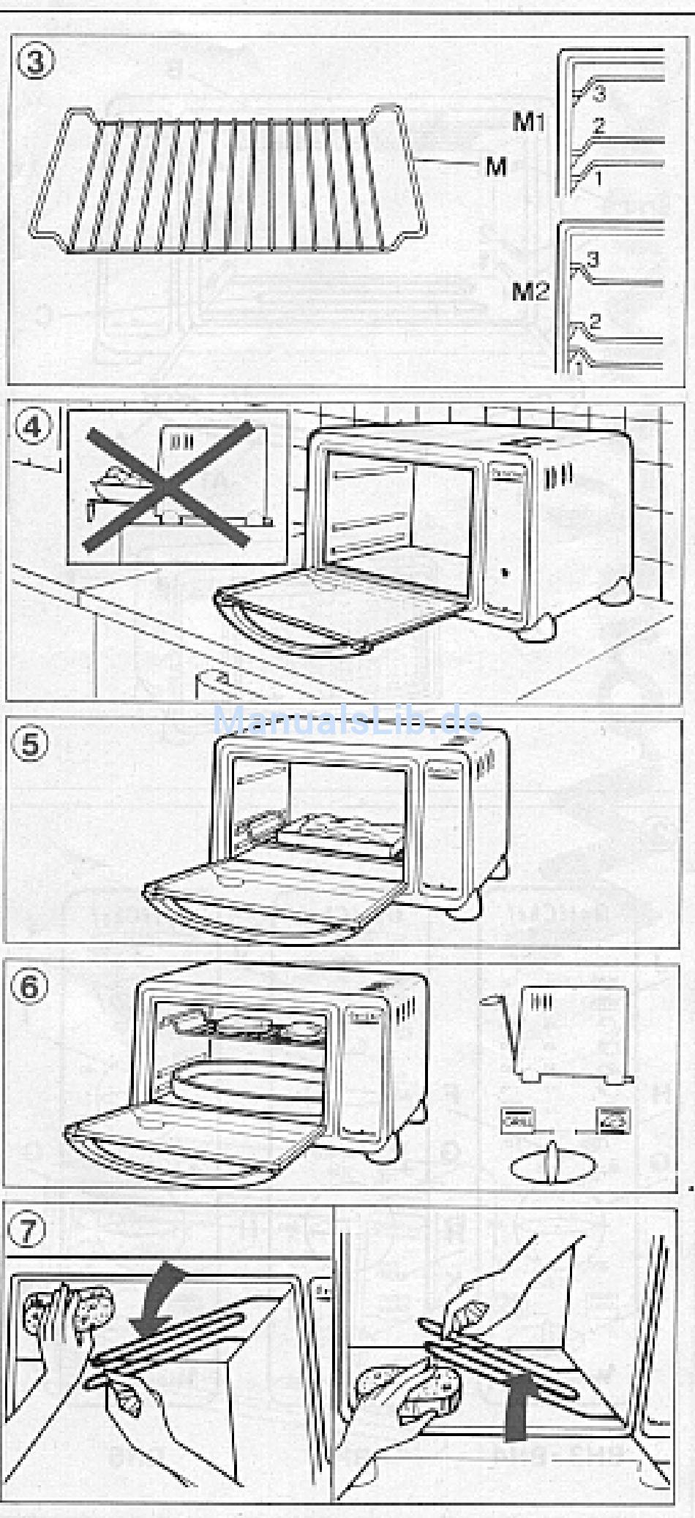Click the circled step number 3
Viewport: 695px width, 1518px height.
(34, 61)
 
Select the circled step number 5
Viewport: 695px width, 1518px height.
(31, 744)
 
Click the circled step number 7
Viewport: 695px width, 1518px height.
(26, 1230)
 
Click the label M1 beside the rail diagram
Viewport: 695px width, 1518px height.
(529, 121)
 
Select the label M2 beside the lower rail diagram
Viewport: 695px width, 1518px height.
(530, 292)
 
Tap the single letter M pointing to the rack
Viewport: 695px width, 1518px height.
(496, 167)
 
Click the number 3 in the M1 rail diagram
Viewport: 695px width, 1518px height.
(599, 93)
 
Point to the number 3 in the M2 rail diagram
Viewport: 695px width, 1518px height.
(593, 259)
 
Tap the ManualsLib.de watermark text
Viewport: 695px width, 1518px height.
(347, 722)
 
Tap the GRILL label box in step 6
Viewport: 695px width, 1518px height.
(518, 1120)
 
